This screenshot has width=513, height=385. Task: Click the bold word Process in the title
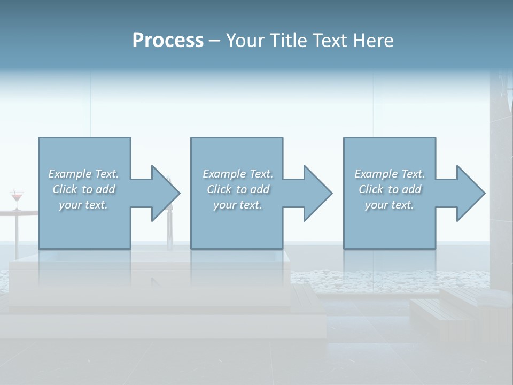point(168,41)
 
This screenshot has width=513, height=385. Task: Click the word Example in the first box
point(69,174)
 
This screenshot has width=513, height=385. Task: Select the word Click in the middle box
point(218,189)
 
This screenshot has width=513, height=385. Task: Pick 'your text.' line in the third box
point(389,205)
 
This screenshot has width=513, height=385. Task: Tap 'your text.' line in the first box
point(83,205)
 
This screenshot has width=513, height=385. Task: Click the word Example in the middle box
point(224,174)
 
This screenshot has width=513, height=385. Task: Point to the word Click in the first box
point(64,189)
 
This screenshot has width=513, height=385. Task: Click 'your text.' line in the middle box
point(237,205)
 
